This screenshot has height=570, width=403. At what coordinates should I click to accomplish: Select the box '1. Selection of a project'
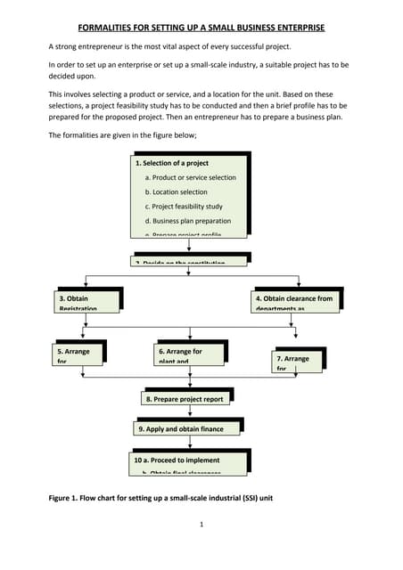(x=171, y=164)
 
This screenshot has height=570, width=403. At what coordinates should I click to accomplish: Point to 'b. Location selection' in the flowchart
(x=176, y=192)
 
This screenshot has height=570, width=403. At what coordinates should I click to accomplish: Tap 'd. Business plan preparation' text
(x=187, y=221)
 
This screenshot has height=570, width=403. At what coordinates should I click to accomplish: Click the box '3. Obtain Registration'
(x=83, y=301)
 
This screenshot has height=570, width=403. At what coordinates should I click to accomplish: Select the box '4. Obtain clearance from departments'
(x=294, y=301)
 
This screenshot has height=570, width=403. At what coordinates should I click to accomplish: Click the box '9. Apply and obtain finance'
(x=187, y=428)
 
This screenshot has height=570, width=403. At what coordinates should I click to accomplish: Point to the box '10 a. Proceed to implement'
(x=187, y=461)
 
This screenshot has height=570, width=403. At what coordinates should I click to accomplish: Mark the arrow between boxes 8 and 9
(x=191, y=413)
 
